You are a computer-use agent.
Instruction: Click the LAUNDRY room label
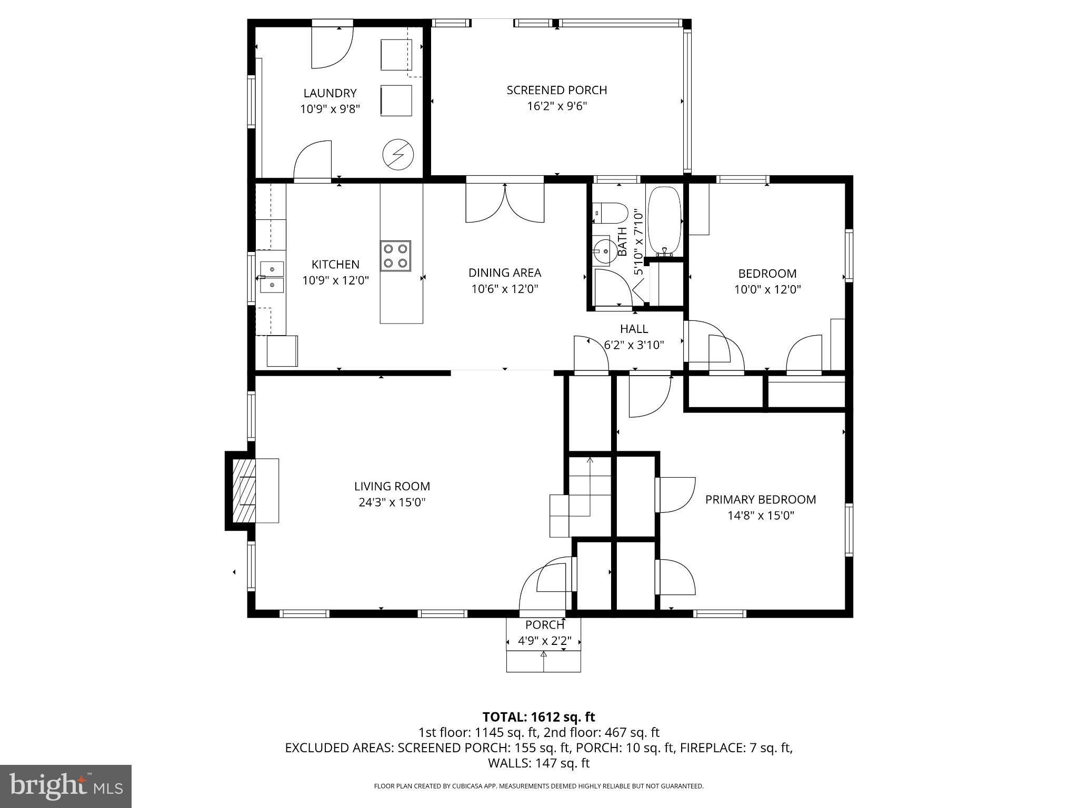point(330,93)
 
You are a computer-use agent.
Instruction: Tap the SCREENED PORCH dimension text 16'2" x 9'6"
point(557,106)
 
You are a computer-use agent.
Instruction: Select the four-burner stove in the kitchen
point(396,256)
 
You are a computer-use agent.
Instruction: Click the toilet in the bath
point(611,213)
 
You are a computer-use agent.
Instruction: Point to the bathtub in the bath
point(664,221)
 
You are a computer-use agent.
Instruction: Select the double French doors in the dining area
point(505,203)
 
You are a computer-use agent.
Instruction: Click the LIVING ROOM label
point(392,486)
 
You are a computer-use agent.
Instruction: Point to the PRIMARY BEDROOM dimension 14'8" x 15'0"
point(761,516)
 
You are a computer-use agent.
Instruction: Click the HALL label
point(634,329)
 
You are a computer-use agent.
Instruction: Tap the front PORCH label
point(544,625)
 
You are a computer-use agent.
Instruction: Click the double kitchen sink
point(272,277)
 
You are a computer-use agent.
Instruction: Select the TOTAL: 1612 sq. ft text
point(538,716)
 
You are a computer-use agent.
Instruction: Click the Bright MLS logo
point(66,786)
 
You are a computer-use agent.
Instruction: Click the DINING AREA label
point(505,272)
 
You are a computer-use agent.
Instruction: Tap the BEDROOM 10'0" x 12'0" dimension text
point(767,289)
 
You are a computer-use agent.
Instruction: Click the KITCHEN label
point(335,264)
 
